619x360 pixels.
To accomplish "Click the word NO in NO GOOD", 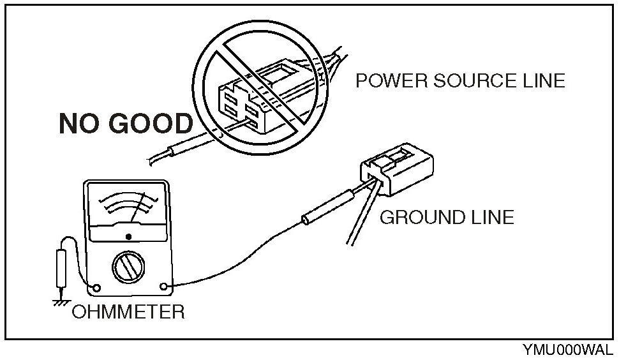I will (x=79, y=123).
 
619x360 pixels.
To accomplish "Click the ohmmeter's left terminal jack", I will (x=96, y=288).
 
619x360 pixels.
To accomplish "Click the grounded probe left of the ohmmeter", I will (x=62, y=267).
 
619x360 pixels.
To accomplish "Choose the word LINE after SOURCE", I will (x=543, y=81).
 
